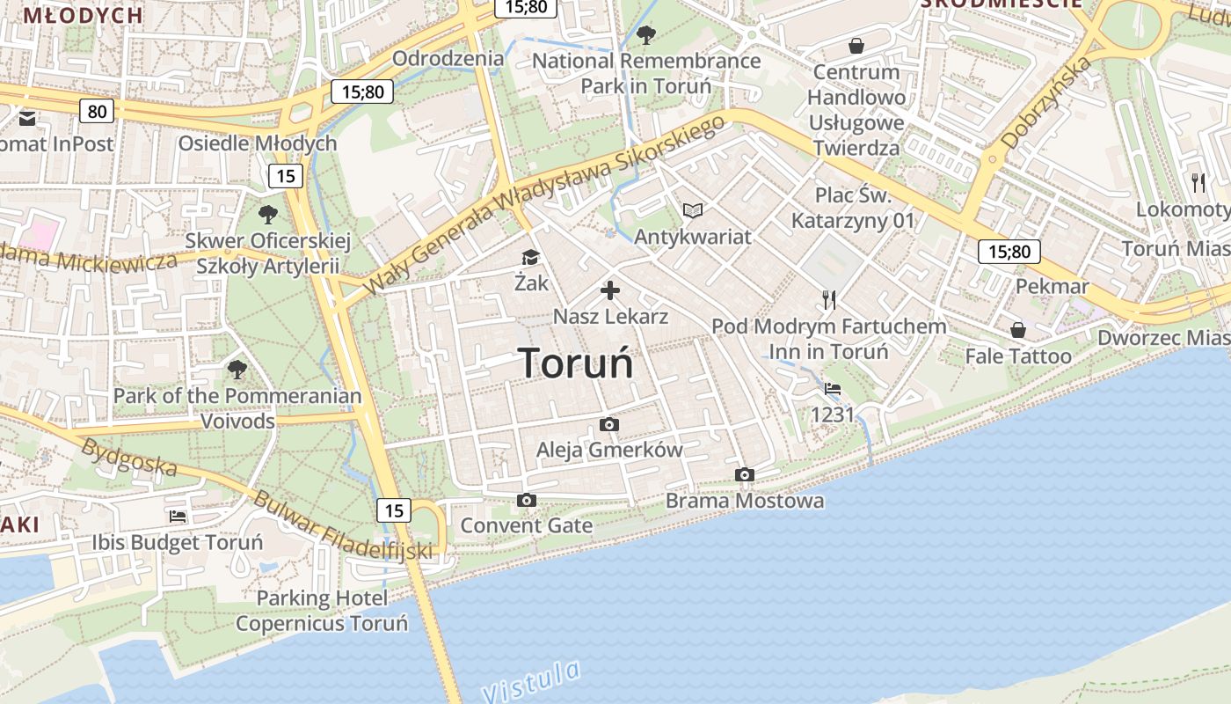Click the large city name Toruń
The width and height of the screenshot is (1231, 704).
click(575, 363)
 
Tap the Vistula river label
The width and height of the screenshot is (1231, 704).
click(532, 680)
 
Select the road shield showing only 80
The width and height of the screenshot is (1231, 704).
click(97, 110)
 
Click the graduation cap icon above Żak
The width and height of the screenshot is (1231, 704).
click(530, 257)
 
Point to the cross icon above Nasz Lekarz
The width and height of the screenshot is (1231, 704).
click(610, 290)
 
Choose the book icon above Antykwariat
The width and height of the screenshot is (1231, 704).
click(693, 210)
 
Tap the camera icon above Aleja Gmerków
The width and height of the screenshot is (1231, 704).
click(608, 425)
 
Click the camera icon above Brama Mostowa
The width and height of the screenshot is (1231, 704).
click(744, 475)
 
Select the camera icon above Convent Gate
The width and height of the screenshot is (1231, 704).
click(526, 501)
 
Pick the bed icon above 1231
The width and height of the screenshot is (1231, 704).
click(832, 388)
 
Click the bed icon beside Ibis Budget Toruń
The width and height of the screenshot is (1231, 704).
click(178, 517)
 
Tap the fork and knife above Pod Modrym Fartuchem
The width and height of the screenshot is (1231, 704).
click(828, 300)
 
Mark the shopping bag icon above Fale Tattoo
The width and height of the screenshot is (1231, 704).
click(1017, 330)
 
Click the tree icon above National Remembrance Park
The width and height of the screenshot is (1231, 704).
click(646, 35)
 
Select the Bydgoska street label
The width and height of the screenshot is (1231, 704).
click(128, 458)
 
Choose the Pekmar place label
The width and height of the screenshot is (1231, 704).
click(1053, 286)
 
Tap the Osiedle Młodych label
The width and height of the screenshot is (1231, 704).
click(258, 143)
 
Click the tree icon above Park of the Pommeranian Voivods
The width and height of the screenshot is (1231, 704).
click(237, 370)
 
